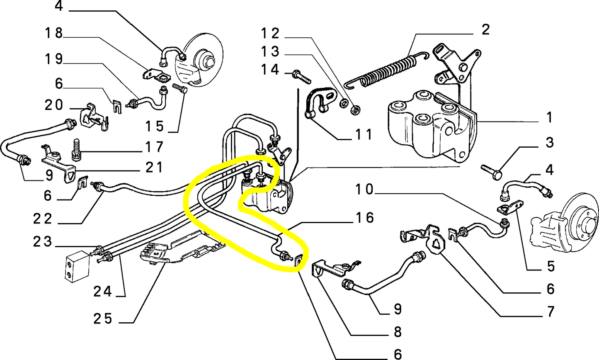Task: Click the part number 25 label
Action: pyautogui.click(x=103, y=319)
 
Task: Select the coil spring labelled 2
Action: pyautogui.click(x=388, y=71)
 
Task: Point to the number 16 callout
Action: pyautogui.click(x=365, y=217)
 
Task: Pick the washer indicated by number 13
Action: pyautogui.click(x=344, y=103)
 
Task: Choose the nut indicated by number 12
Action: pyautogui.click(x=355, y=109)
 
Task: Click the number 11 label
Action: pyautogui.click(x=363, y=134)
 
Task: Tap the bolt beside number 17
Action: pyautogui.click(x=75, y=150)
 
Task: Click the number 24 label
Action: pyautogui.click(x=102, y=292)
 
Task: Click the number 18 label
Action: pyautogui.click(x=53, y=33)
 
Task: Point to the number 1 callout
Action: pyautogui.click(x=549, y=118)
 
